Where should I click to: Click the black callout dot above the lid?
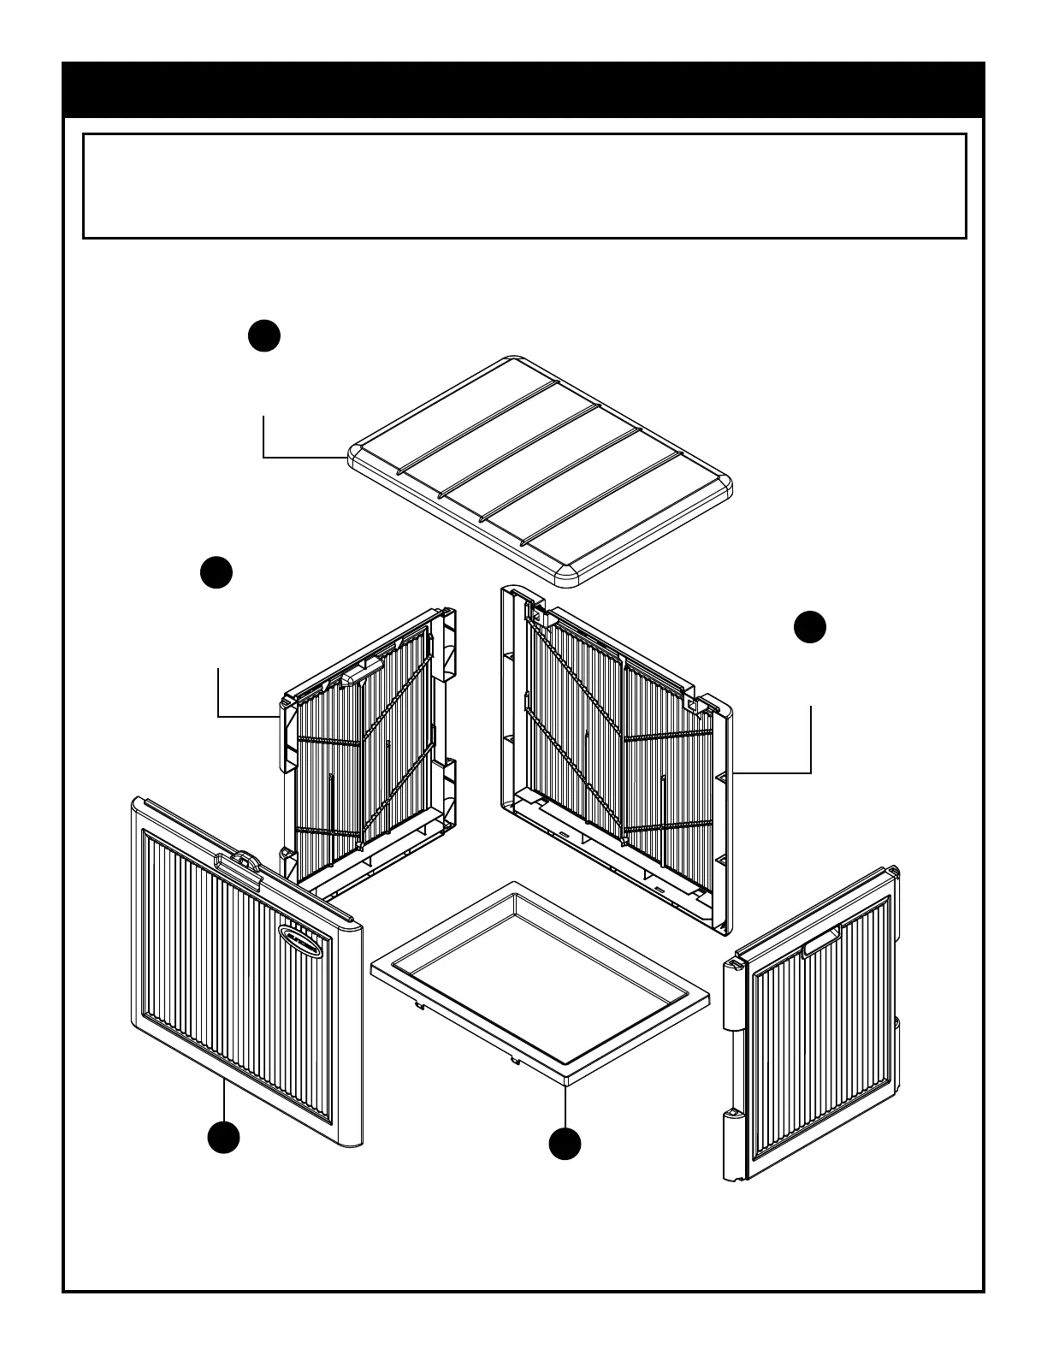264,335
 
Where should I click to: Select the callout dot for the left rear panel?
216,572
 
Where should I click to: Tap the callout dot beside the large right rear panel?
809,627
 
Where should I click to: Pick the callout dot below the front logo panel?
223,1139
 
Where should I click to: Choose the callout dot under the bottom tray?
565,1145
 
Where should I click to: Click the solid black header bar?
523,90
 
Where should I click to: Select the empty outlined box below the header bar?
523,186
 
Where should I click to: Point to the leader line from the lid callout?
282,458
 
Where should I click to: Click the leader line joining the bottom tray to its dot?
565,1104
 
